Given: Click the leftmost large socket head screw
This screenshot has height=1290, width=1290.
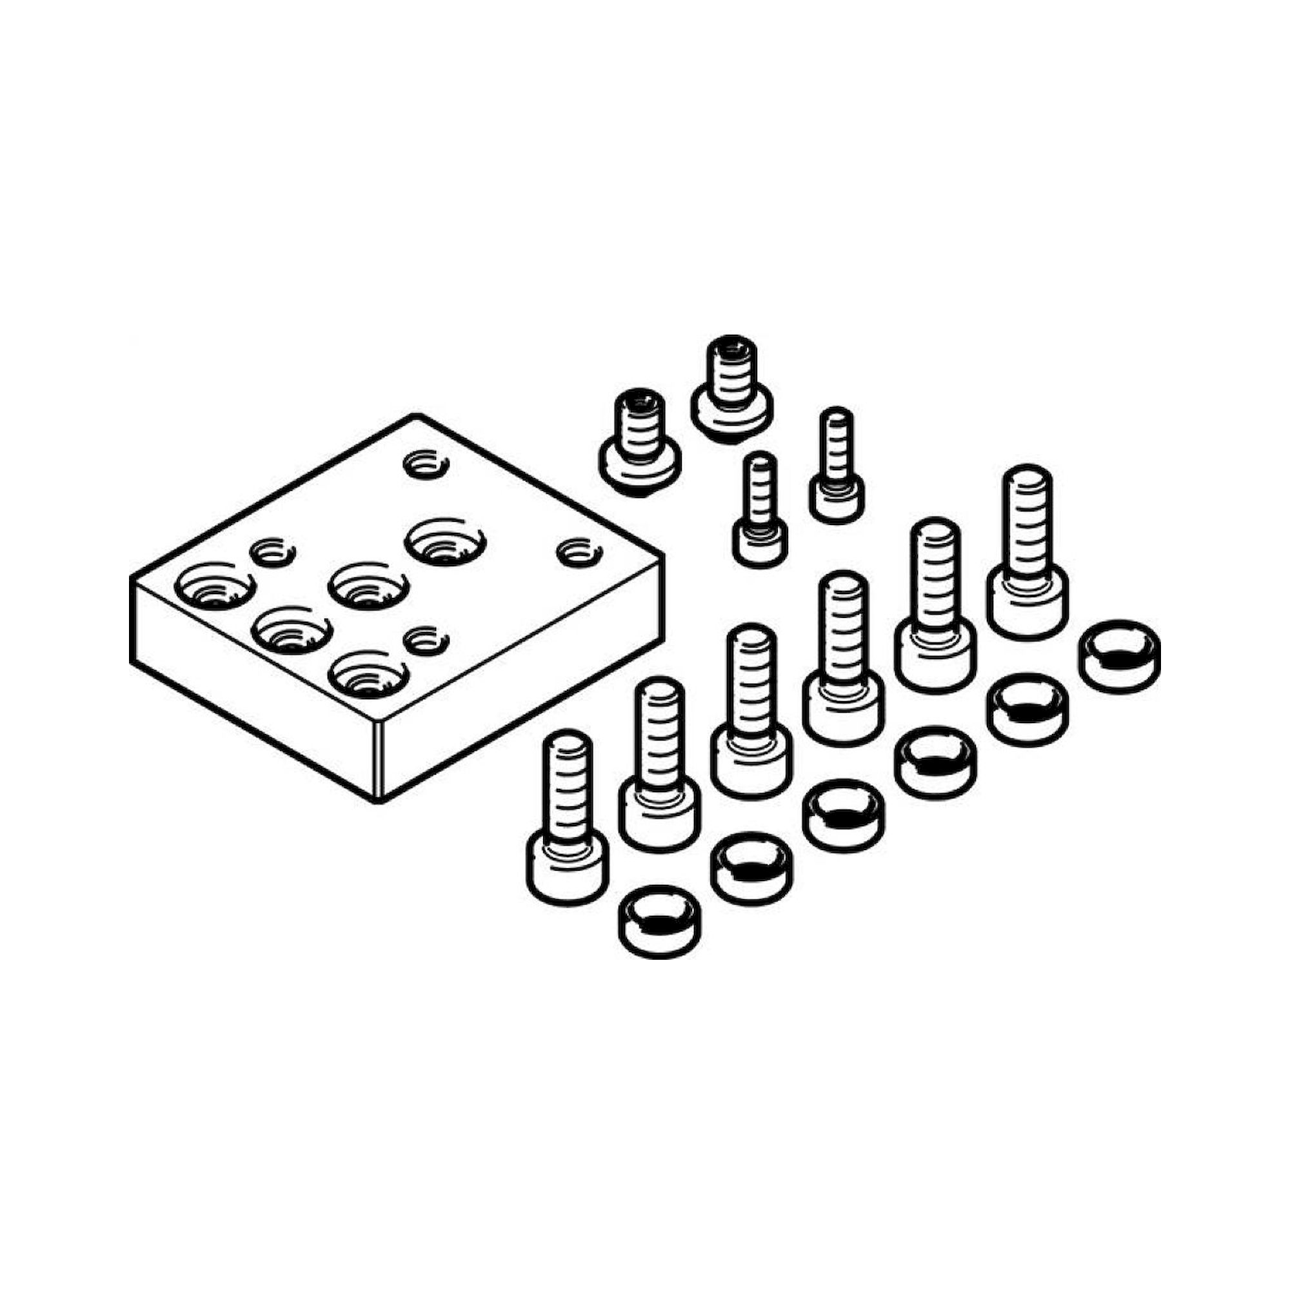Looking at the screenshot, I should pyautogui.click(x=568, y=821).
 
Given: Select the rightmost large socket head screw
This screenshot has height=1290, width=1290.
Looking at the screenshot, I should pyautogui.click(x=1027, y=554).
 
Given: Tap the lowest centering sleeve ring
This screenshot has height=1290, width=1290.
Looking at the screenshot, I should pyautogui.click(x=660, y=922).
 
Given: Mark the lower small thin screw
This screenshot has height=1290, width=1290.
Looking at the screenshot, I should pyautogui.click(x=760, y=517).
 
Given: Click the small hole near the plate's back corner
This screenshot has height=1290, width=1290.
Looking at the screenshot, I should pyautogui.click(x=426, y=463).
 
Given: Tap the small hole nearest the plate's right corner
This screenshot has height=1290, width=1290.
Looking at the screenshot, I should pyautogui.click(x=580, y=553).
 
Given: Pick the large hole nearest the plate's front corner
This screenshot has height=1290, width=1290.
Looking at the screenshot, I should pyautogui.click(x=369, y=673).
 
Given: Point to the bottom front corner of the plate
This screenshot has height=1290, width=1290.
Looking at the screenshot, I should pyautogui.click(x=378, y=799).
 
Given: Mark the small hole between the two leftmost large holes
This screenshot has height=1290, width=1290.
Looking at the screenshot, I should pyautogui.click(x=272, y=551).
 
